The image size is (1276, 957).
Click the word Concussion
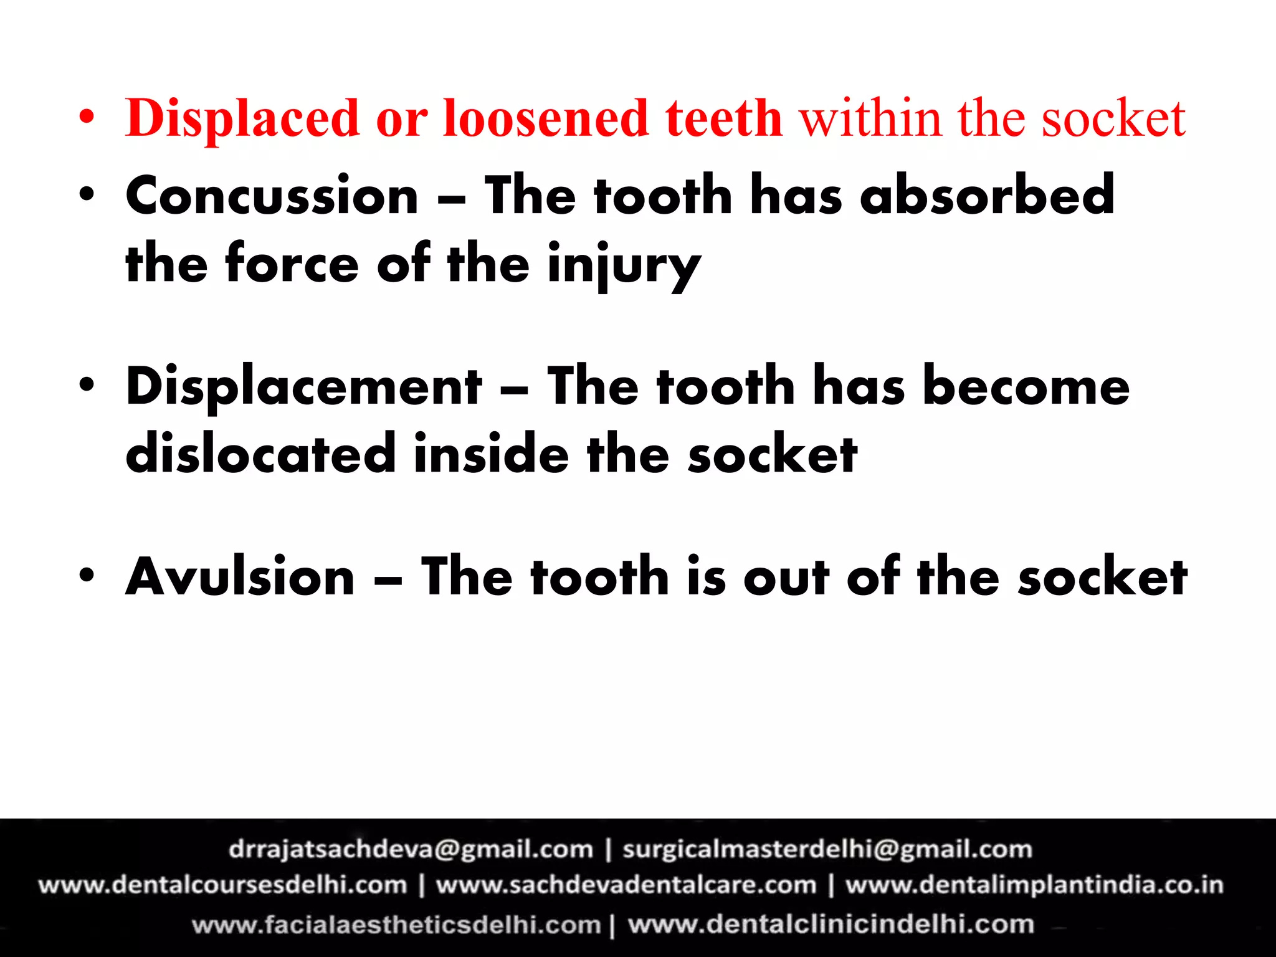coord(272,196)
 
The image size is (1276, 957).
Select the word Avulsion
coord(240,577)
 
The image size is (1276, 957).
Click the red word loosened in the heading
coord(546,118)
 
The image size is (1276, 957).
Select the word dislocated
coord(260,454)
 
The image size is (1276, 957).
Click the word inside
coord(491,454)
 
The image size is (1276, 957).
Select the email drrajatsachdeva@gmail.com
coord(411,849)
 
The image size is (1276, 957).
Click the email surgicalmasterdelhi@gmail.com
coord(827,849)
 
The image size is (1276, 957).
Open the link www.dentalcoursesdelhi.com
coord(222,885)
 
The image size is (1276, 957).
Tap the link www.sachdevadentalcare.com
coord(626,885)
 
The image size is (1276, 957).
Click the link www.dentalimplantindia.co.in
coord(1034,885)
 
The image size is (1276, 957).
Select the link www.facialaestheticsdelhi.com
coord(396,925)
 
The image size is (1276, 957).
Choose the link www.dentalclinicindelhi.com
coord(831,924)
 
